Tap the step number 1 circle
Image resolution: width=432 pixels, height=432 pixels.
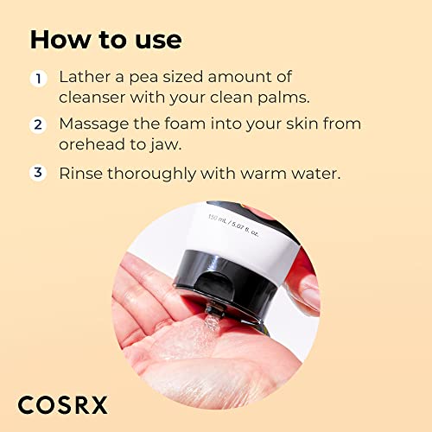tap(38, 79)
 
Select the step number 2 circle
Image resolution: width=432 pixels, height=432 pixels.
tap(38, 124)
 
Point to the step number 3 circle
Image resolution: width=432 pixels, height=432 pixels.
tap(38, 172)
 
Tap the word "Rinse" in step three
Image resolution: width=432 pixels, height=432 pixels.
tap(80, 173)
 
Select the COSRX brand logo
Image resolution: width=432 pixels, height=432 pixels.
tap(65, 402)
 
